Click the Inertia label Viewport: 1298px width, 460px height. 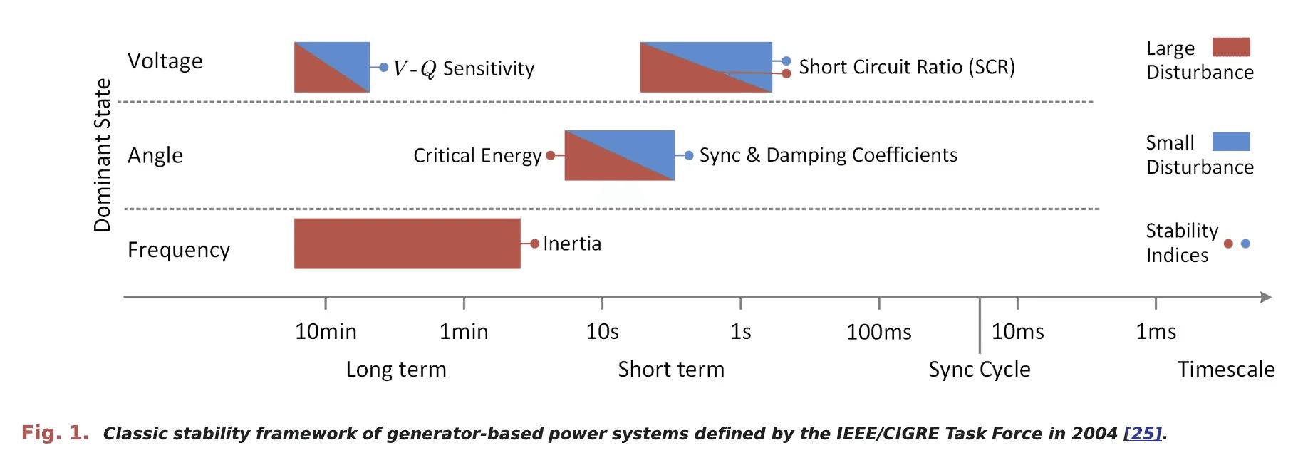(572, 244)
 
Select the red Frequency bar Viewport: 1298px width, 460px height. (407, 244)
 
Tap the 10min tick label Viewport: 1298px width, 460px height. (326, 332)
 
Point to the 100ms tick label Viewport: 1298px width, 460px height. (878, 332)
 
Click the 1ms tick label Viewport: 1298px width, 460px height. (1155, 332)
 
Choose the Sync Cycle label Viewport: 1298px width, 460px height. (979, 370)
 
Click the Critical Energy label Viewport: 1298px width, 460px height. (477, 156)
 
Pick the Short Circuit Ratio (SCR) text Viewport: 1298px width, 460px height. (906, 67)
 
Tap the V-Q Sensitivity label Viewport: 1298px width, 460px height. (463, 68)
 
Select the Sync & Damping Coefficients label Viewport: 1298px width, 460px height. (828, 155)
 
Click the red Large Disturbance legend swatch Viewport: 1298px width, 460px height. (1231, 48)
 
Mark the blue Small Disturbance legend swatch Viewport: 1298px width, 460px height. (1231, 142)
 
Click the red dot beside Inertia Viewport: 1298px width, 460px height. (534, 244)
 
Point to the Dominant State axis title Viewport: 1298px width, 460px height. (103, 155)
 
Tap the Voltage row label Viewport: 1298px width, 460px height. (165, 61)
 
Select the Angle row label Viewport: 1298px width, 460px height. (155, 155)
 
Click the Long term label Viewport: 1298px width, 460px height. (396, 370)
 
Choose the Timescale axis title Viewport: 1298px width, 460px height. (1225, 370)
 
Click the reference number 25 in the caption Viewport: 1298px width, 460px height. (1142, 434)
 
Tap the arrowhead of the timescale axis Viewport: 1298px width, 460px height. (1265, 297)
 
